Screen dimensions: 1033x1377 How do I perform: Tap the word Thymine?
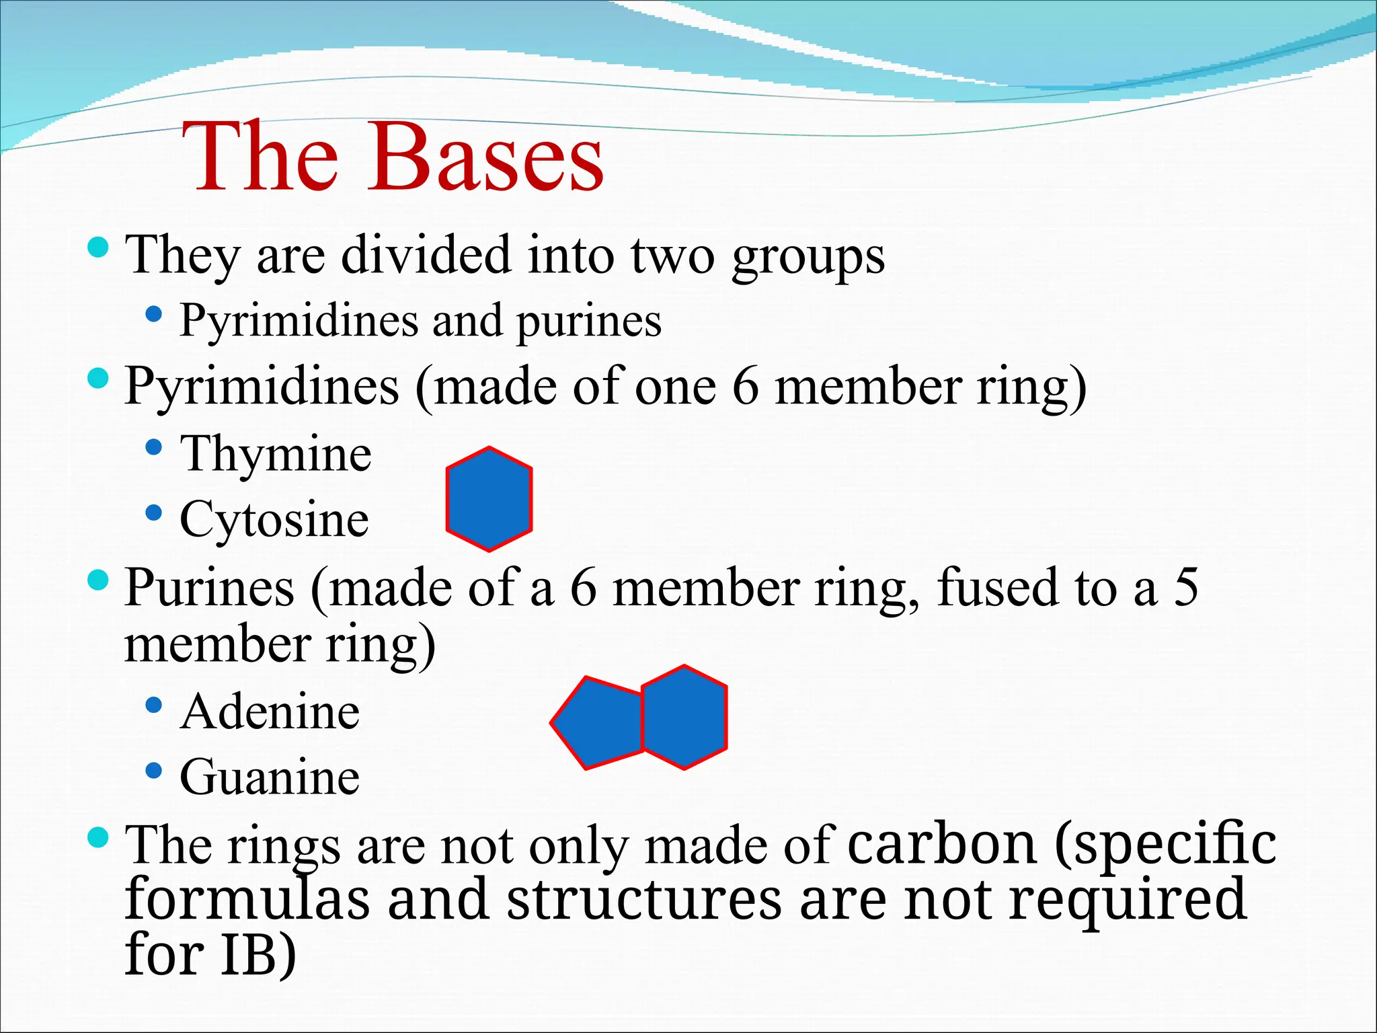(x=276, y=455)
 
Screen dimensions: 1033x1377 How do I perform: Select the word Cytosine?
(x=274, y=520)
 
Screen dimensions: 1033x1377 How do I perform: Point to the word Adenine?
(x=270, y=712)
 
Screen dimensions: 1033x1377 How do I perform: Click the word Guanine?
(x=270, y=777)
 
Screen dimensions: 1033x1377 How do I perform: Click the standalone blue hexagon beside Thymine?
(x=489, y=499)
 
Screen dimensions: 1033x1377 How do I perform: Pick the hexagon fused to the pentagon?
(x=684, y=717)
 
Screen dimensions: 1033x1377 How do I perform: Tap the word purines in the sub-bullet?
(x=589, y=321)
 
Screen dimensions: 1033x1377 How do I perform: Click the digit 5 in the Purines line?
(x=1186, y=587)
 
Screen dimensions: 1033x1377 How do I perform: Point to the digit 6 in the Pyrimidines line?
(x=745, y=387)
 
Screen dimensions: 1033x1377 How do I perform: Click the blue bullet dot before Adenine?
(x=154, y=705)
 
